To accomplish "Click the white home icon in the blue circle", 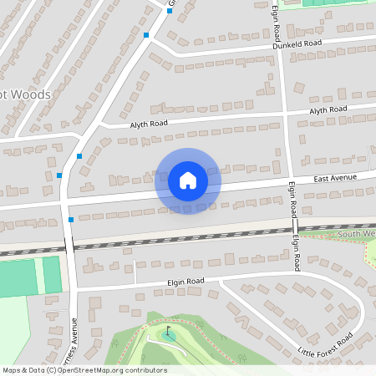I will click(188, 180).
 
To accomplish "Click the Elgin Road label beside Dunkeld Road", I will click(276, 23).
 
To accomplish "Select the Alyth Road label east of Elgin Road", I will click(328, 110).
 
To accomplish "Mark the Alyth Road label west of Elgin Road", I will click(148, 124).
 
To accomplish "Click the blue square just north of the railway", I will click(70, 219).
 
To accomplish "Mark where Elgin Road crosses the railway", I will click(296, 228).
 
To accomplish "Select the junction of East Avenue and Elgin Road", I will click(292, 182).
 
